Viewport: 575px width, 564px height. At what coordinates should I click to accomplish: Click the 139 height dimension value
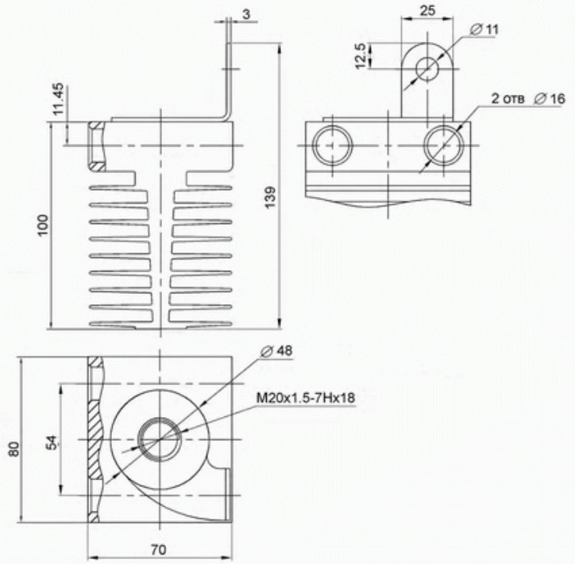pyautogui.click(x=270, y=197)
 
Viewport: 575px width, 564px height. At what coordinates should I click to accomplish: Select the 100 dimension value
pyautogui.click(x=43, y=225)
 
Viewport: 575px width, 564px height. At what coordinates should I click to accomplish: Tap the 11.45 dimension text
pyautogui.click(x=58, y=99)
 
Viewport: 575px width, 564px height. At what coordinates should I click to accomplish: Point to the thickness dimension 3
pyautogui.click(x=246, y=14)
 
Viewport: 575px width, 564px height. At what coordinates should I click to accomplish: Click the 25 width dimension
pyautogui.click(x=427, y=10)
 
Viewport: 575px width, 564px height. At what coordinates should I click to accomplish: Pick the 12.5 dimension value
pyautogui.click(x=361, y=56)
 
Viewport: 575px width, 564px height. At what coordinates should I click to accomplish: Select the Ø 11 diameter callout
pyautogui.click(x=484, y=29)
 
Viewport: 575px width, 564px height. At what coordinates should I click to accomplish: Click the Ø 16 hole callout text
pyautogui.click(x=550, y=99)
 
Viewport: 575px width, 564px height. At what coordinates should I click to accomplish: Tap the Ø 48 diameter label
pyautogui.click(x=276, y=350)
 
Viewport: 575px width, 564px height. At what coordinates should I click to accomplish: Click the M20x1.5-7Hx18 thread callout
pyautogui.click(x=306, y=397)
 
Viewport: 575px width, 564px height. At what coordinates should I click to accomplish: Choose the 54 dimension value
pyautogui.click(x=52, y=442)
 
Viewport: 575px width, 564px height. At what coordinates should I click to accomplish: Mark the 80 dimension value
pyautogui.click(x=14, y=449)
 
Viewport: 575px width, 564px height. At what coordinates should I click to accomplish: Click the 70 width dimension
pyautogui.click(x=158, y=550)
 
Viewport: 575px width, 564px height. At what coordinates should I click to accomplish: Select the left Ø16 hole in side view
pyautogui.click(x=332, y=145)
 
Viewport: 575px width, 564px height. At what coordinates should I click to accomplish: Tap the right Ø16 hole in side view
pyautogui.click(x=444, y=145)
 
